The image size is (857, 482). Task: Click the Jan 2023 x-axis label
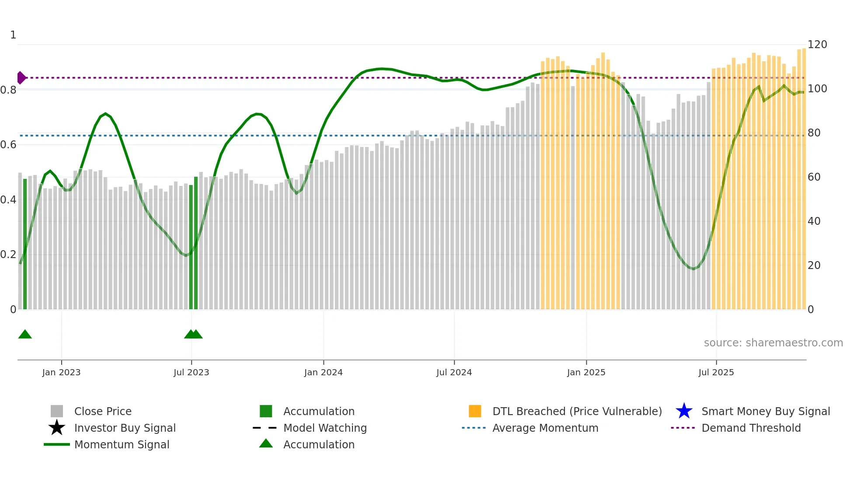(61, 372)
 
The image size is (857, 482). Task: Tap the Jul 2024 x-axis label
(454, 372)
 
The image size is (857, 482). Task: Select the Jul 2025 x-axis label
(716, 372)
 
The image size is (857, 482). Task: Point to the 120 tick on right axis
(817, 45)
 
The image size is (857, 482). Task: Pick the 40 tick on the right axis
(814, 221)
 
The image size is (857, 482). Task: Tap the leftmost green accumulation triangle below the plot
(25, 335)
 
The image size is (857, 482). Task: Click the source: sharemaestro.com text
(773, 343)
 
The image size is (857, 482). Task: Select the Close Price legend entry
(103, 411)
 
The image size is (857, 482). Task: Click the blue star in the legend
(684, 411)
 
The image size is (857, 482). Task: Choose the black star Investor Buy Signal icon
(57, 428)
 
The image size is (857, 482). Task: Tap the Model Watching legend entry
(324, 428)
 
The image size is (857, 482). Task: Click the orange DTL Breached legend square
(475, 411)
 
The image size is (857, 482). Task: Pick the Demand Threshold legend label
(751, 428)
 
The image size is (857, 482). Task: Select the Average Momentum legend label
(545, 428)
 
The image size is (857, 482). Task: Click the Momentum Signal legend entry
(122, 444)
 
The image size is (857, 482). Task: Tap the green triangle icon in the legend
(266, 444)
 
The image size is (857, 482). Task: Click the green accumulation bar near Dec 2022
(25, 245)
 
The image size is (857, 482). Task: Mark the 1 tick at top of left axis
(13, 35)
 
